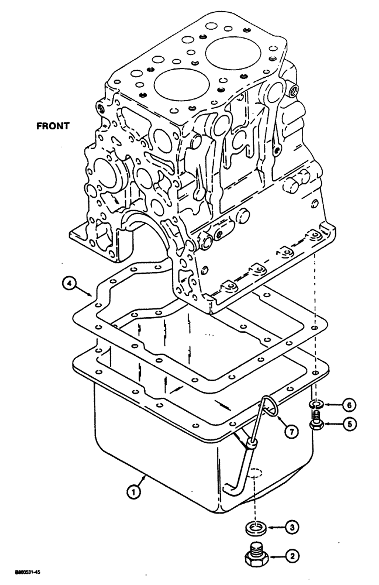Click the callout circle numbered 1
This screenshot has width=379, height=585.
[x=134, y=493]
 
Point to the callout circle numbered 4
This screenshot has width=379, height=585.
[x=70, y=284]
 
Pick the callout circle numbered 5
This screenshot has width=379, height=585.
[x=349, y=425]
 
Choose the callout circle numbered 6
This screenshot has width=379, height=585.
[x=349, y=404]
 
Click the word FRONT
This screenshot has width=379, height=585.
[x=53, y=125]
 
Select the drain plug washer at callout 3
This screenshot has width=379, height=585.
[x=254, y=529]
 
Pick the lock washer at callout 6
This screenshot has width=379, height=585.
[x=316, y=404]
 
